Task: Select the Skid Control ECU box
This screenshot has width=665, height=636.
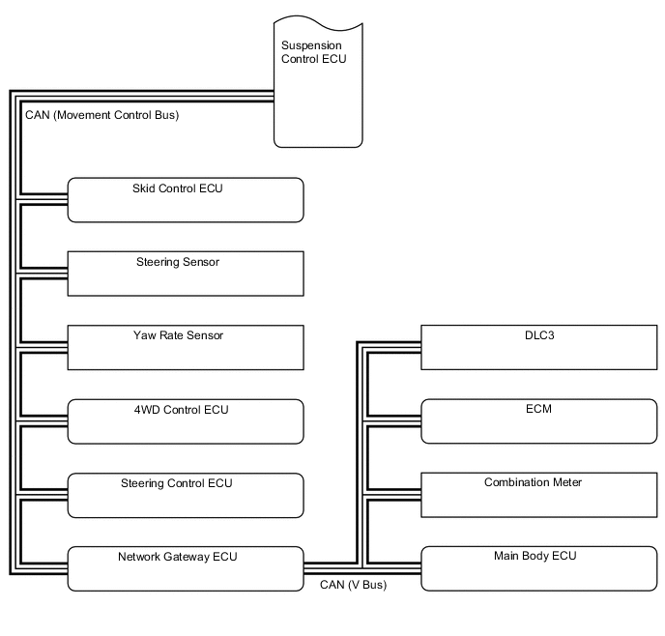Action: tap(186, 200)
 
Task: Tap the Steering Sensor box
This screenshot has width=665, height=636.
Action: tap(186, 274)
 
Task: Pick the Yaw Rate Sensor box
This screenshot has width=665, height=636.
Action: tap(186, 347)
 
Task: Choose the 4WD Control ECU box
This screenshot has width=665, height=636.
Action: tap(186, 421)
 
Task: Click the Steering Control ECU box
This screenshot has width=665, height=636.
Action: tap(186, 495)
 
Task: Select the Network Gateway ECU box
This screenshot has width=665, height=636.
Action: tap(186, 568)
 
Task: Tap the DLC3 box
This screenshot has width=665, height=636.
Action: tap(538, 347)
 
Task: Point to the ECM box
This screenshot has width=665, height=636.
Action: tap(538, 421)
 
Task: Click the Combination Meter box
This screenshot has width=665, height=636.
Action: tap(538, 495)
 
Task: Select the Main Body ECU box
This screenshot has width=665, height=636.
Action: tap(538, 568)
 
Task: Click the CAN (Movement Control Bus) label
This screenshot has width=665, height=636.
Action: tap(101, 115)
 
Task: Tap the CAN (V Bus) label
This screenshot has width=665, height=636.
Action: tap(353, 584)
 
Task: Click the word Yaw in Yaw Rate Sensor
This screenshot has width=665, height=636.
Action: tap(144, 335)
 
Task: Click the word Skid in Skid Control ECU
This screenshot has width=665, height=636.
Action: tap(144, 188)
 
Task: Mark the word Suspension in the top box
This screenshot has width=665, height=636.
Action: tap(310, 45)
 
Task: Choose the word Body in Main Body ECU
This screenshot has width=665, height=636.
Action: tap(537, 557)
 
